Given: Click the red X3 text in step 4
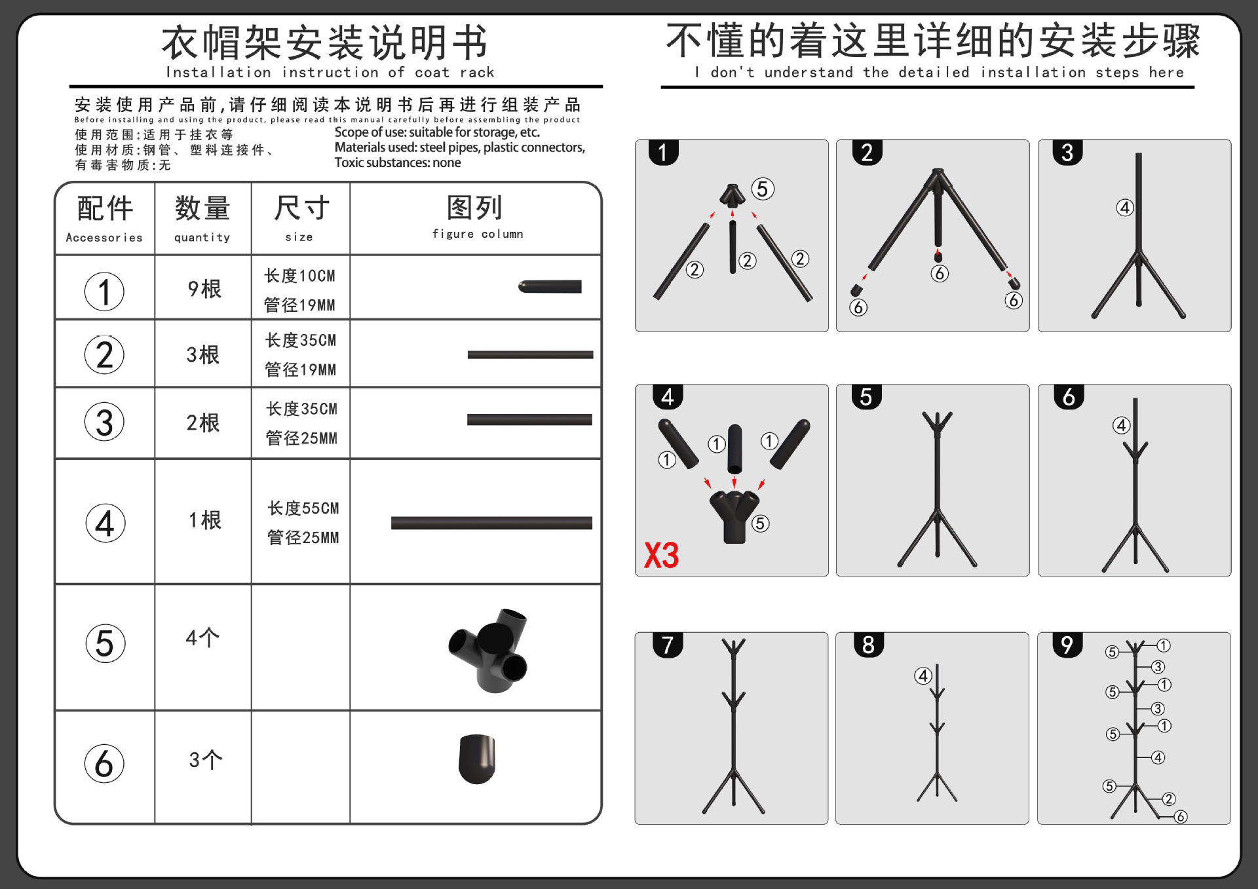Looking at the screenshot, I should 661,556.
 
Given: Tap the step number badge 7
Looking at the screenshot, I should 668,645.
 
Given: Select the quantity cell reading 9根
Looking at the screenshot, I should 204,289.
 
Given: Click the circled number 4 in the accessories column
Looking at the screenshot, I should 105,523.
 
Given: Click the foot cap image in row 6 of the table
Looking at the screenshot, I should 477,759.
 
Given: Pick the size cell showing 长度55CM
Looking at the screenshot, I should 303,508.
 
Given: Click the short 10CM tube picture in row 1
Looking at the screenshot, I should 550,287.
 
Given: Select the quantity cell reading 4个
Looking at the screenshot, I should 202,637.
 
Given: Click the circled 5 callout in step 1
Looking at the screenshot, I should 762,189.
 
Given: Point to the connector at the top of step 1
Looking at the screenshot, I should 732,195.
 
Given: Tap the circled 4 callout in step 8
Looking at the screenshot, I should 923,675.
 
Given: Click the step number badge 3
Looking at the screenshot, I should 1067,153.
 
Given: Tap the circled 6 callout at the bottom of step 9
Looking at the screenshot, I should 1180,816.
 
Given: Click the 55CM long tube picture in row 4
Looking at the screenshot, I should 491,523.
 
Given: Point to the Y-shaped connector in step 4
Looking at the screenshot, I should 734,514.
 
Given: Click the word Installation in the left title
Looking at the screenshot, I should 218,73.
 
